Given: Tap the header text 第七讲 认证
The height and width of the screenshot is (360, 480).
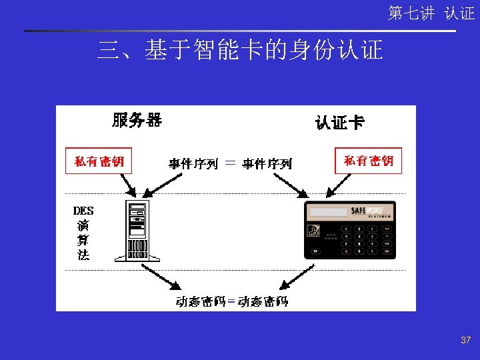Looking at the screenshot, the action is [x=431, y=13].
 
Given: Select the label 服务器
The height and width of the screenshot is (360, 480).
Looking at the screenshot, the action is [x=137, y=120].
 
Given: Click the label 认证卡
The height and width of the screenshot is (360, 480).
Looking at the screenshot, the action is [x=340, y=122].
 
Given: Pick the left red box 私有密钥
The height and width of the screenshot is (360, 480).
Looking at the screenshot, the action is [x=99, y=161].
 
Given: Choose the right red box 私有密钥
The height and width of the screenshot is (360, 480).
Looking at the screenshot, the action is [x=368, y=161].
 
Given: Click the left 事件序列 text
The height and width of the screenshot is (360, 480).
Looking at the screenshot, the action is [x=193, y=163].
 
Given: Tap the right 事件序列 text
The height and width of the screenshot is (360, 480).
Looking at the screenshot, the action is [x=267, y=163].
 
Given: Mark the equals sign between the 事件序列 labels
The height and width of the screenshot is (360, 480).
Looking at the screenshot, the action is [x=230, y=162].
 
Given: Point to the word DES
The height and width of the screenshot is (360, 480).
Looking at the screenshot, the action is [x=83, y=211].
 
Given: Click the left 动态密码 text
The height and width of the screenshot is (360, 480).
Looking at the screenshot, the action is [x=200, y=301].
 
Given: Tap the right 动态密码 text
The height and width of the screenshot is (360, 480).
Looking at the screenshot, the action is [x=263, y=301].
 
